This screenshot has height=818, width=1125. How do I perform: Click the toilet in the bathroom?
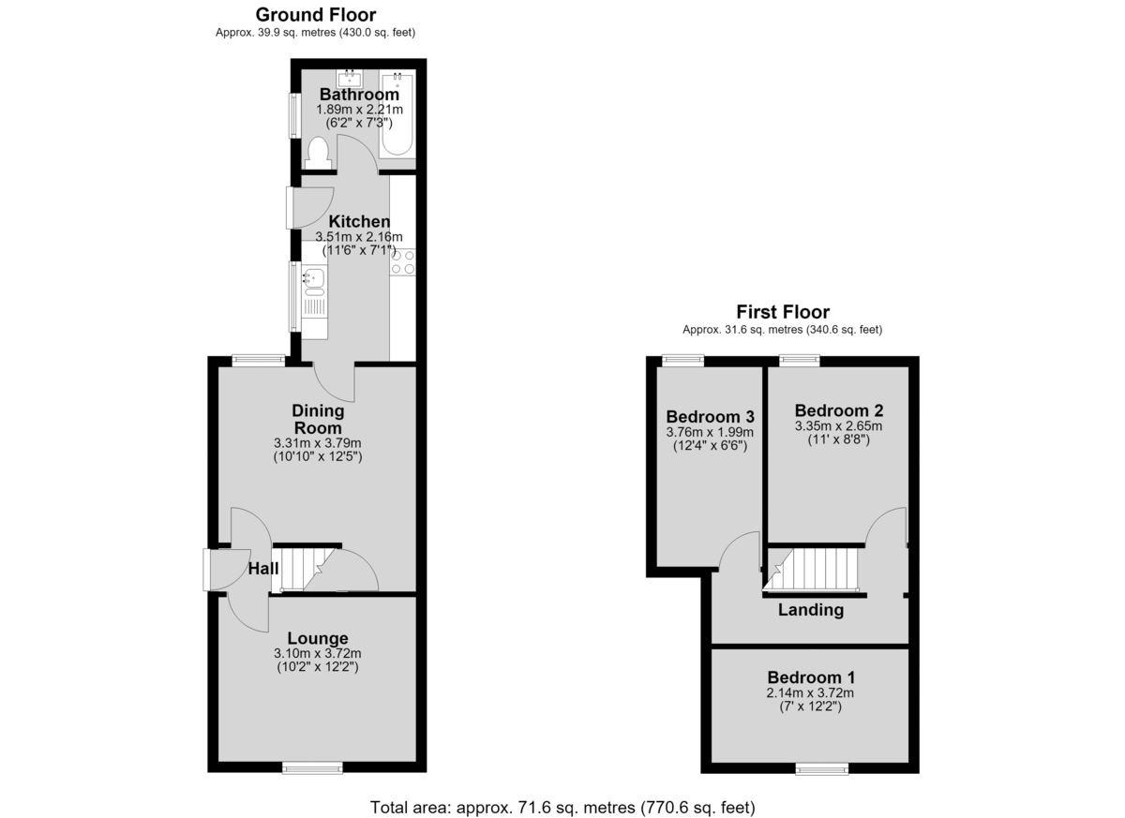point(319,154)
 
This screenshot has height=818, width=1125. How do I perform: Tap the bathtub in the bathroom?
point(397,114)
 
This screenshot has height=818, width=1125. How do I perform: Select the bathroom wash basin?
point(350,79)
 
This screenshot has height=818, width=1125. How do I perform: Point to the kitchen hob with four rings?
point(403,263)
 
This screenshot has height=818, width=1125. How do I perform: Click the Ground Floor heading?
point(316,15)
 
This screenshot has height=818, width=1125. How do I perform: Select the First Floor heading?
point(783,312)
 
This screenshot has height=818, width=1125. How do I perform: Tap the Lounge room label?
point(318,638)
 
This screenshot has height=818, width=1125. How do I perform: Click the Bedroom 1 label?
point(811,677)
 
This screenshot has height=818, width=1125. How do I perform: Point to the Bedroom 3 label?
point(711,417)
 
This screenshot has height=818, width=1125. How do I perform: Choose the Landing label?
point(811,610)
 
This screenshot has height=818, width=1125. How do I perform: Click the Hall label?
point(263,569)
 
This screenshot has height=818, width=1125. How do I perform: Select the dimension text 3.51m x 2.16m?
point(358,236)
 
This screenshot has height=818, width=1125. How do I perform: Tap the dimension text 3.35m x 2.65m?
point(838,426)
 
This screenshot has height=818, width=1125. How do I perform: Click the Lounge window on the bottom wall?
point(312,767)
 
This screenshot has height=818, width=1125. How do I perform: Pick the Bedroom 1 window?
point(822,768)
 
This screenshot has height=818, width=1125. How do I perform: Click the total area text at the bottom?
point(562,808)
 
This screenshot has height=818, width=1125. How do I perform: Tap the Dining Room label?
point(318,419)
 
